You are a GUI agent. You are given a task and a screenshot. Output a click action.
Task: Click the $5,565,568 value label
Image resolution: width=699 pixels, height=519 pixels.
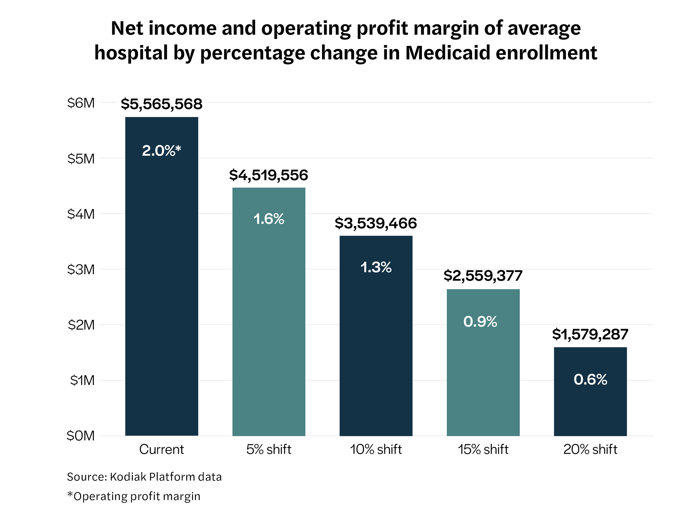click(x=162, y=104)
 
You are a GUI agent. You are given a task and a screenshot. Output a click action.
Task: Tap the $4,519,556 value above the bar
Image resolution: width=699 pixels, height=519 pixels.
click(x=269, y=175)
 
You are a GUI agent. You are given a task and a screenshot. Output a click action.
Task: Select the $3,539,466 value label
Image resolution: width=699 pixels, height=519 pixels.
click(x=376, y=223)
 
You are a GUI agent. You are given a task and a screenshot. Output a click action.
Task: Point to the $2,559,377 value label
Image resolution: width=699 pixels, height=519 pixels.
click(x=483, y=276)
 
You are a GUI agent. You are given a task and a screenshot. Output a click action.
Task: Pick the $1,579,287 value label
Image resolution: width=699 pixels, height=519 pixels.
click(x=590, y=334)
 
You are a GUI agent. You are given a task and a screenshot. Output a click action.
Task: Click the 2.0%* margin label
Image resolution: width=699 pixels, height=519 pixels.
click(x=162, y=150)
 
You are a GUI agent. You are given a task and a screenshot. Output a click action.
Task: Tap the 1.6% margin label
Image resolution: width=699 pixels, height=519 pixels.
click(x=269, y=219)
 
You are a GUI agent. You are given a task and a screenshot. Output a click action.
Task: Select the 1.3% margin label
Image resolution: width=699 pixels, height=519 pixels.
click(x=376, y=267)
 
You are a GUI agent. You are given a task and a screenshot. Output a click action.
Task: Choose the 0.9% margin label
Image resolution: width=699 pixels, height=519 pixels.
click(x=480, y=321)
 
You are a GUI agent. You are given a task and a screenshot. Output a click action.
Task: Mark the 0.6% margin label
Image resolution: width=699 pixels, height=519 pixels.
click(x=590, y=379)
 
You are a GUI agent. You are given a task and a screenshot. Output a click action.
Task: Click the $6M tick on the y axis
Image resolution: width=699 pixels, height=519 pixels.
click(x=81, y=103)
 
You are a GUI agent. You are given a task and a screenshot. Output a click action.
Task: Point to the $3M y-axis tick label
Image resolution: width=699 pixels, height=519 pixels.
click(x=81, y=270)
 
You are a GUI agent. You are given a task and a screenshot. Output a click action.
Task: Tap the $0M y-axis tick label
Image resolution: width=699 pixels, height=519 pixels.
click(x=80, y=436)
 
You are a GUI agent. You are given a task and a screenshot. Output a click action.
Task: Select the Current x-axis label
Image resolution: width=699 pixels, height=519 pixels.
click(x=162, y=449)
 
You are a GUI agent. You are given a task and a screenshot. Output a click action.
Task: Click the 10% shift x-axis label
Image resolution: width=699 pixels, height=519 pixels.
click(x=376, y=449)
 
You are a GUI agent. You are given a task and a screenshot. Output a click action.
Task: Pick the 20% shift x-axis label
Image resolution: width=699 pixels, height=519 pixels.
click(x=590, y=449)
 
